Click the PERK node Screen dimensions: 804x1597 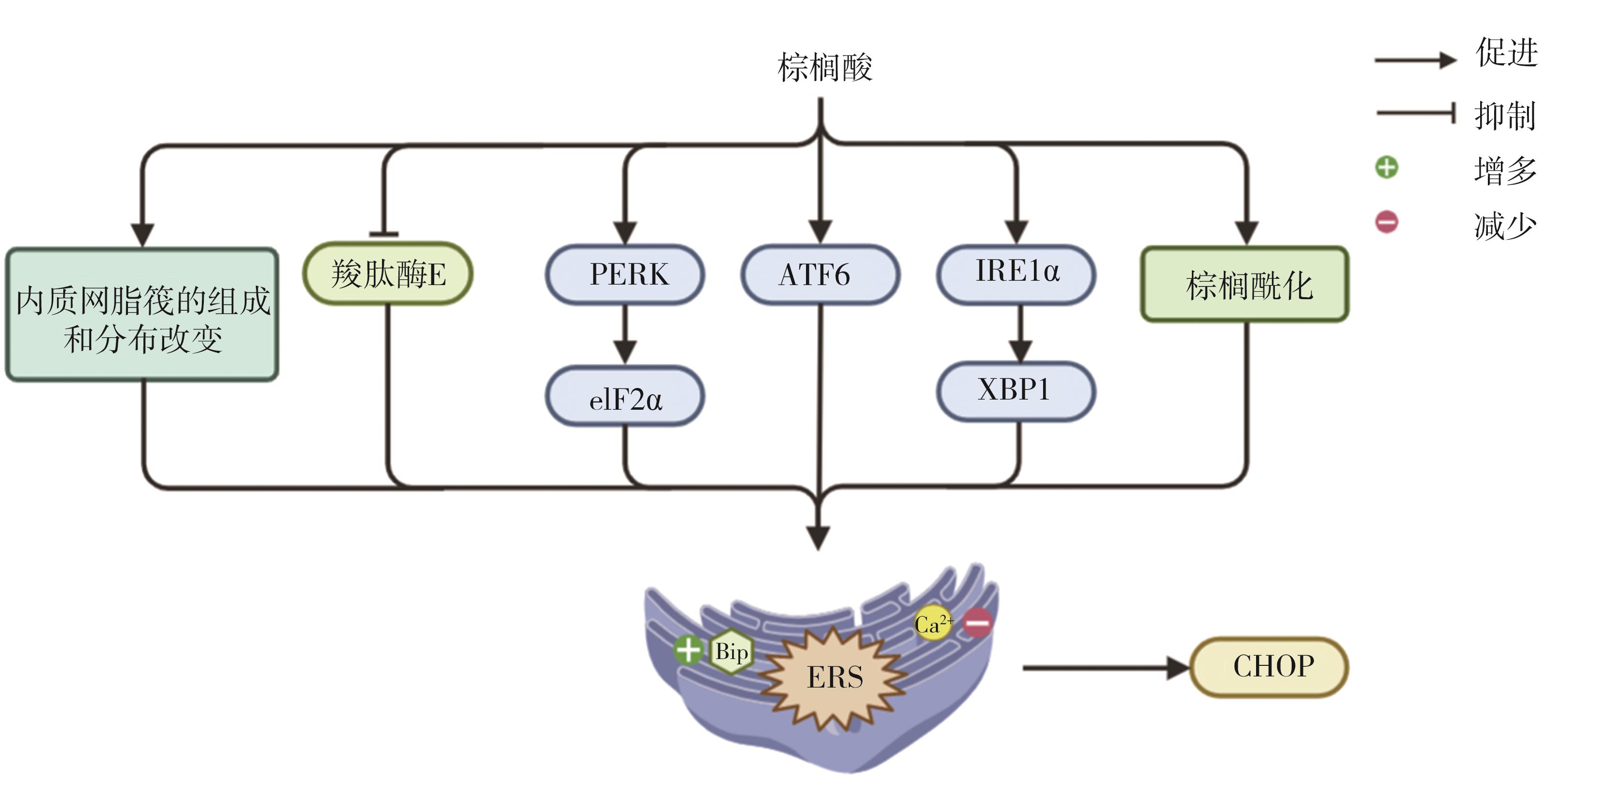[x=625, y=275]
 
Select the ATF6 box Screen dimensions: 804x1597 [x=820, y=275]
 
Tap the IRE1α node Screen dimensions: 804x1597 [x=1016, y=273]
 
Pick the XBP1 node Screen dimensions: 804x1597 [x=1016, y=391]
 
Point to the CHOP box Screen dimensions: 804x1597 [x=1269, y=667]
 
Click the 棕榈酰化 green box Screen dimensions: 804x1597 [x=1245, y=285]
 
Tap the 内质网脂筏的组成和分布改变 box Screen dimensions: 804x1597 [x=142, y=315]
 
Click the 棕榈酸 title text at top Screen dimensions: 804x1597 [x=824, y=67]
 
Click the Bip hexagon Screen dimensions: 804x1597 [x=732, y=651]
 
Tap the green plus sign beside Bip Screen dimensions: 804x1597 [x=688, y=651]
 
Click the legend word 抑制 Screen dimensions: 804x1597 [x=1505, y=116]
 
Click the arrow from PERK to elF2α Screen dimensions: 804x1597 [x=625, y=335]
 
